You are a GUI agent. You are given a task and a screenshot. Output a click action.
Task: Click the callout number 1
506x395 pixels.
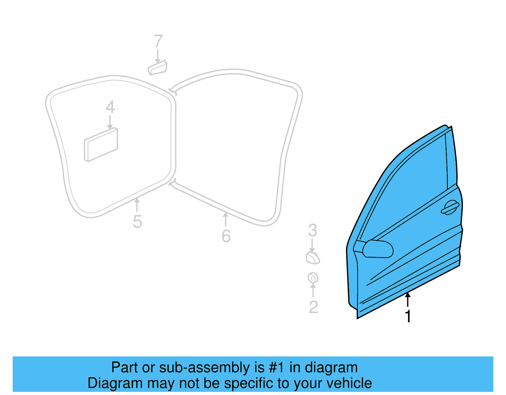(x=408, y=316)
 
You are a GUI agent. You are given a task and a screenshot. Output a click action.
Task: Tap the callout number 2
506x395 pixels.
(x=313, y=307)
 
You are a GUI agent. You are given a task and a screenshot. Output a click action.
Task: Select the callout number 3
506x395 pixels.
(x=312, y=231)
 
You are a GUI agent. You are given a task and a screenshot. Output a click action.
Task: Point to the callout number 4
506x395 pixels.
(x=110, y=107)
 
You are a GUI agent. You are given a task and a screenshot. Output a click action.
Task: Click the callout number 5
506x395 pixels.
(x=137, y=221)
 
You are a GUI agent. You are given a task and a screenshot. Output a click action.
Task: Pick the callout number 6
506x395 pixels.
(x=226, y=236)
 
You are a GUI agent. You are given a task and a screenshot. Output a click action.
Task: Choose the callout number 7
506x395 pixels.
(x=158, y=41)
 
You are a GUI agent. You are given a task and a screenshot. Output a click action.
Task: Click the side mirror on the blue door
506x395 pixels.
(x=378, y=249)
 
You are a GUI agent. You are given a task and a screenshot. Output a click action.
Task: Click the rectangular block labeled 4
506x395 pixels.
(x=101, y=145)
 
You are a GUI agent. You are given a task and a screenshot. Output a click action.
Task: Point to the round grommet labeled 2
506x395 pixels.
(x=313, y=278)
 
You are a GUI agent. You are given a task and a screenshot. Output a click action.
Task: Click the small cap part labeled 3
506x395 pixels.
(x=312, y=258)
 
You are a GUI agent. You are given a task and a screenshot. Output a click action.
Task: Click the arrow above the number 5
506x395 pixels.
(x=137, y=205)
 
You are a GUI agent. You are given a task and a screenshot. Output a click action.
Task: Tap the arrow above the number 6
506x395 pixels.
(x=225, y=219)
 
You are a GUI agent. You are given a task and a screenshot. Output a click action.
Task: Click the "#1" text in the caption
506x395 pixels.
(x=277, y=367)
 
